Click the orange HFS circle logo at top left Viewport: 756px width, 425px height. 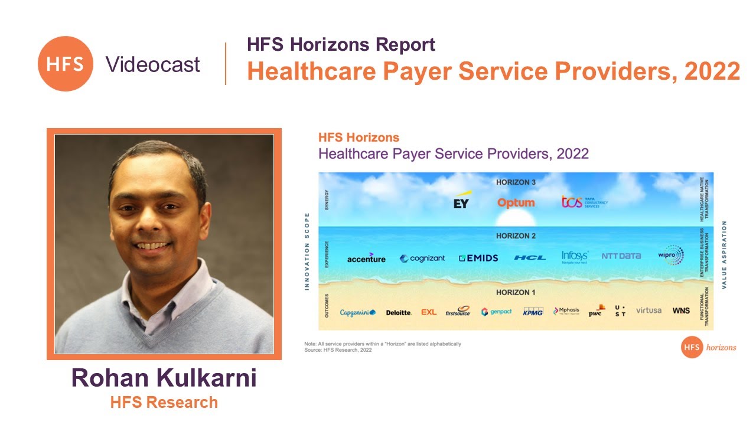[65, 63]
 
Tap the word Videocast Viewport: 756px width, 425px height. [153, 64]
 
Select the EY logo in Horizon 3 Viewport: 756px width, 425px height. [461, 201]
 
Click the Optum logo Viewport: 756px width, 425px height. [516, 202]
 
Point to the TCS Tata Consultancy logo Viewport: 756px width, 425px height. [584, 202]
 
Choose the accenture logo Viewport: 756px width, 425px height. [366, 258]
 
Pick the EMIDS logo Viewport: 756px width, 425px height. [478, 258]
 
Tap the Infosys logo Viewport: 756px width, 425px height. [575, 256]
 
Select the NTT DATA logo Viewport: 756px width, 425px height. [621, 256]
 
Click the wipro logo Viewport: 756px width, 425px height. [670, 256]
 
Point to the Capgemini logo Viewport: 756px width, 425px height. [357, 312]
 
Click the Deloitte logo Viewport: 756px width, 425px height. [399, 312]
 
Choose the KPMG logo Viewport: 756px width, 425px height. [533, 311]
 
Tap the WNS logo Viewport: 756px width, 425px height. [681, 310]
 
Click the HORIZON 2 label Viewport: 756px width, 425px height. [516, 236]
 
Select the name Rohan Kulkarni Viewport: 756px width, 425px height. [164, 378]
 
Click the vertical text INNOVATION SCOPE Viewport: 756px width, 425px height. [307, 251]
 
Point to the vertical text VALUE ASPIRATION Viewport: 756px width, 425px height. [725, 254]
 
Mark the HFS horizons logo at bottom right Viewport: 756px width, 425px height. [708, 347]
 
